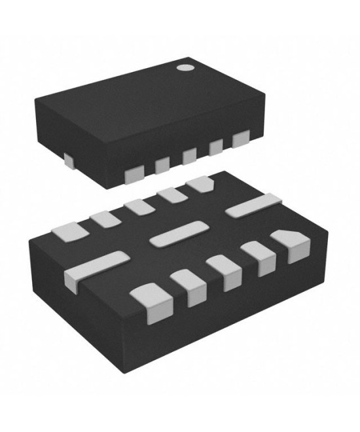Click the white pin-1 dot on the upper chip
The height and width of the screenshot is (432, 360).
tap(186, 67)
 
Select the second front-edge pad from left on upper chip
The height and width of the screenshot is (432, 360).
tap(162, 165)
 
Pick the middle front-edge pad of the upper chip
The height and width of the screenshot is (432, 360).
tap(189, 156)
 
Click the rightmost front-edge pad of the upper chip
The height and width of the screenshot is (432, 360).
tap(241, 139)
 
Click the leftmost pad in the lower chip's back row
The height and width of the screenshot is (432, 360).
tap(69, 230)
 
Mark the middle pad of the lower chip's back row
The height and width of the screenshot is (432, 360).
tap(139, 206)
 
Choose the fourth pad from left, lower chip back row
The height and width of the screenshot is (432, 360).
tap(171, 194)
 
